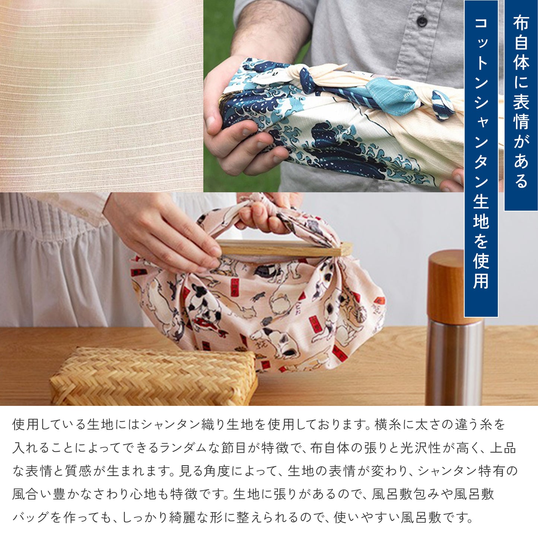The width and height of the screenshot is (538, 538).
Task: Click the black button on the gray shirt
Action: click(422, 21)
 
